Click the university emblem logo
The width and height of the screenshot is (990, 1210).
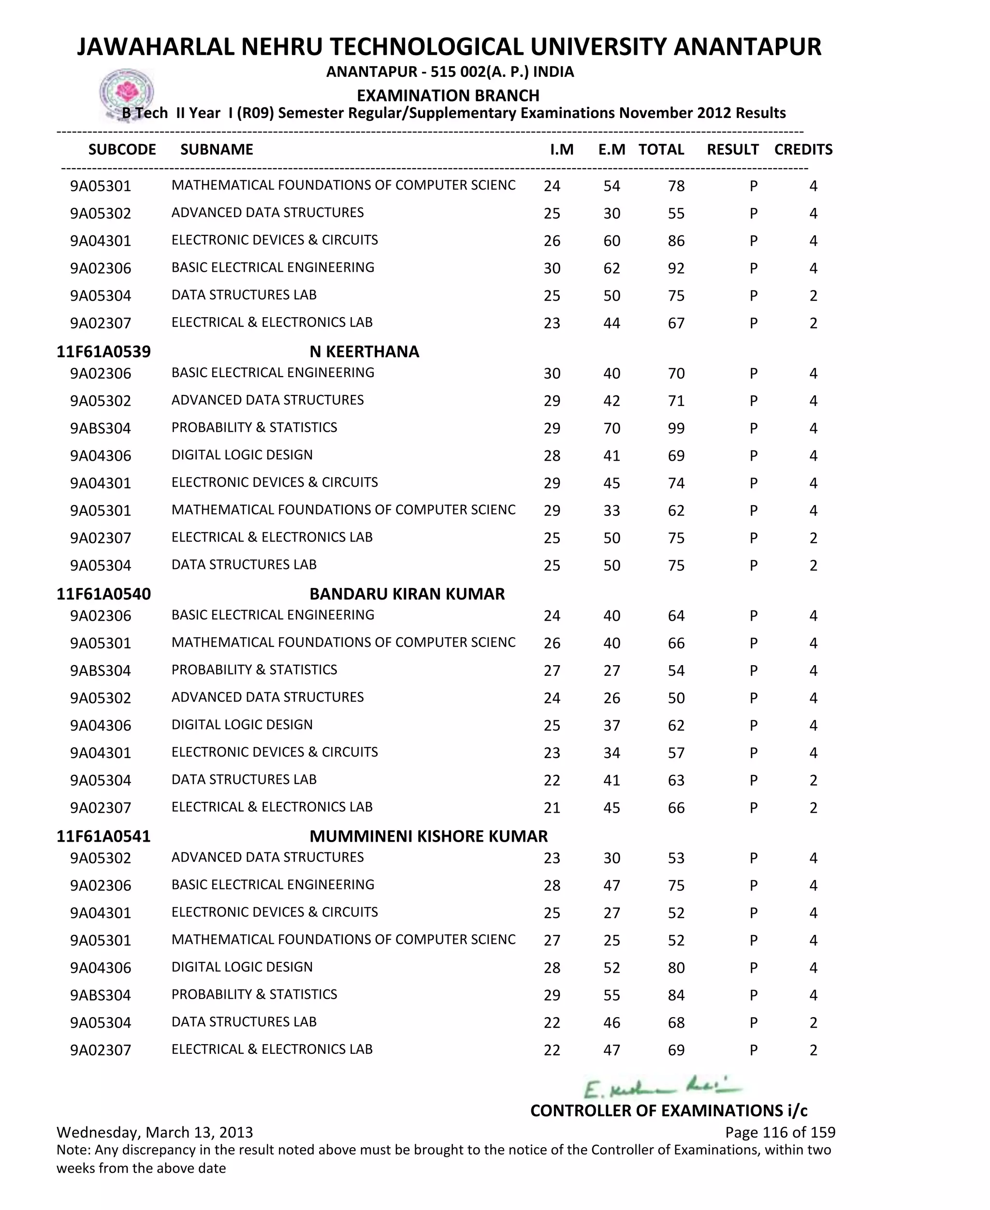coord(126,93)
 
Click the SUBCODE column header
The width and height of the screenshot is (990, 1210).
coord(122,149)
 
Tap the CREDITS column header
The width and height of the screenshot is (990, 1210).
coord(803,149)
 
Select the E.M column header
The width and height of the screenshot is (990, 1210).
coord(611,149)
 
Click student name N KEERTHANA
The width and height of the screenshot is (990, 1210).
coord(364,351)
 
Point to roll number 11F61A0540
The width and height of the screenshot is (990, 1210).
coord(103,594)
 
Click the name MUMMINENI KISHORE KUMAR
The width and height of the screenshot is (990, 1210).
coord(428,836)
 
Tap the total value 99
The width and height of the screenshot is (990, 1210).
coord(676,428)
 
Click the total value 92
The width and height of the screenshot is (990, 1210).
coord(676,268)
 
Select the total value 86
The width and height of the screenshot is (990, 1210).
coord(676,241)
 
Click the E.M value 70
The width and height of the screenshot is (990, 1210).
coord(611,428)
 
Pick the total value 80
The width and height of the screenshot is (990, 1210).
coord(676,968)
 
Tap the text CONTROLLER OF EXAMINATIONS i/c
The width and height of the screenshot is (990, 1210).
coord(669,1110)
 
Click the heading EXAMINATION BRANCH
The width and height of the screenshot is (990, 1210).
coord(448,95)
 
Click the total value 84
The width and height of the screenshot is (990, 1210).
coord(676,995)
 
